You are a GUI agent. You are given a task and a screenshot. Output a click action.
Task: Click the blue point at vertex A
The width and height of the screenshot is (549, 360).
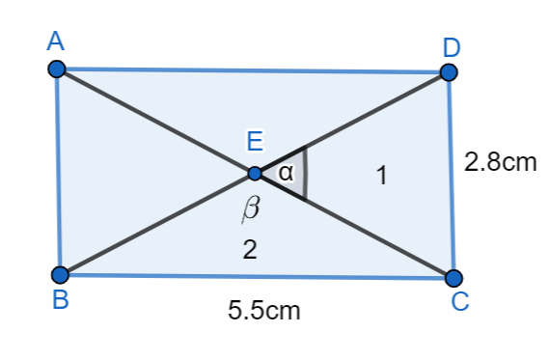tap(56, 69)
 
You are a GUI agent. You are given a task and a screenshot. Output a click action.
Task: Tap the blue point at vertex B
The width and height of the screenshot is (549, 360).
tap(60, 274)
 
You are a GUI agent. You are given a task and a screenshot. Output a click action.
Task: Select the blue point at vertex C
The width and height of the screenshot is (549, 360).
tap(453, 278)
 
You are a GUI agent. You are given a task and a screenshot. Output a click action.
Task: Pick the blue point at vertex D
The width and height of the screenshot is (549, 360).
tap(449, 72)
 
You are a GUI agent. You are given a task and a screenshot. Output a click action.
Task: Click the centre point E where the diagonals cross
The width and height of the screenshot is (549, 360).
tap(255, 174)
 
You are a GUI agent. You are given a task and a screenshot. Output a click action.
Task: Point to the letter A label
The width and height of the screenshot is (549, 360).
tap(55, 42)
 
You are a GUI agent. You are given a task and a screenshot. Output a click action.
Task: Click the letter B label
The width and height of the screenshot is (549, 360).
tap(60, 301)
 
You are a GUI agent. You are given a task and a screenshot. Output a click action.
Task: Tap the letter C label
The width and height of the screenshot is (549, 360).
tap(460, 303)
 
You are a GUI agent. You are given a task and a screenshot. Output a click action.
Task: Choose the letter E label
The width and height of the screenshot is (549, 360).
tap(255, 143)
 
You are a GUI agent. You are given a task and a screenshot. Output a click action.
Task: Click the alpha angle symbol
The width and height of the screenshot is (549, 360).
tap(285, 174)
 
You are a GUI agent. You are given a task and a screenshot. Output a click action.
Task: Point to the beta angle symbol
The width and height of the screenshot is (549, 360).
tap(251, 208)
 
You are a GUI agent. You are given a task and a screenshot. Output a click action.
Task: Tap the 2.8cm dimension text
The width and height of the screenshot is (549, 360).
tap(500, 161)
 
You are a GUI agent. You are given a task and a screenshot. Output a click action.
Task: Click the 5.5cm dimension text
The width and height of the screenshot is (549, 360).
tap(263, 311)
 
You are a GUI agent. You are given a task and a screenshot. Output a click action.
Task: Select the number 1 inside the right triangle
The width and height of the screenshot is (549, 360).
tap(382, 176)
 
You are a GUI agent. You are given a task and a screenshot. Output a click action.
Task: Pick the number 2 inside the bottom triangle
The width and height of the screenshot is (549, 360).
tap(250, 251)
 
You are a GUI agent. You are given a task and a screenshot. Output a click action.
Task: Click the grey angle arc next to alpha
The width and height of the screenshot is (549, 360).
tap(306, 174)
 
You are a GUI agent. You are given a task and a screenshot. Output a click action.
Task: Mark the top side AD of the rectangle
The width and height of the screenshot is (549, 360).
tap(251, 70)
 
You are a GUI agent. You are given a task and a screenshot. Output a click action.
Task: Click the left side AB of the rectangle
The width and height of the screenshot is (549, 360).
tap(58, 174)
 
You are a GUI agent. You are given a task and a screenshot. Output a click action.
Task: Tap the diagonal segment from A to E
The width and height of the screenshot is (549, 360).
tap(154, 122)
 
